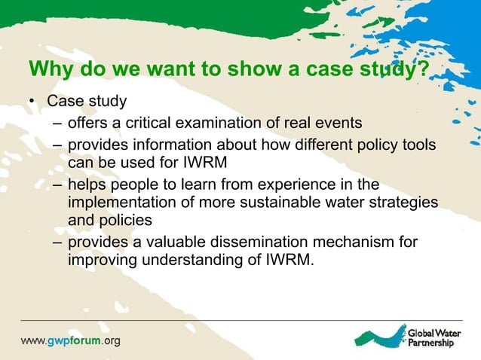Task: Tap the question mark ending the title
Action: pyautogui.click(x=423, y=69)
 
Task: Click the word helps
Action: pyautogui.click(x=87, y=185)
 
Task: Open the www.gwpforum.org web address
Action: pyautogui.click(x=70, y=340)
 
